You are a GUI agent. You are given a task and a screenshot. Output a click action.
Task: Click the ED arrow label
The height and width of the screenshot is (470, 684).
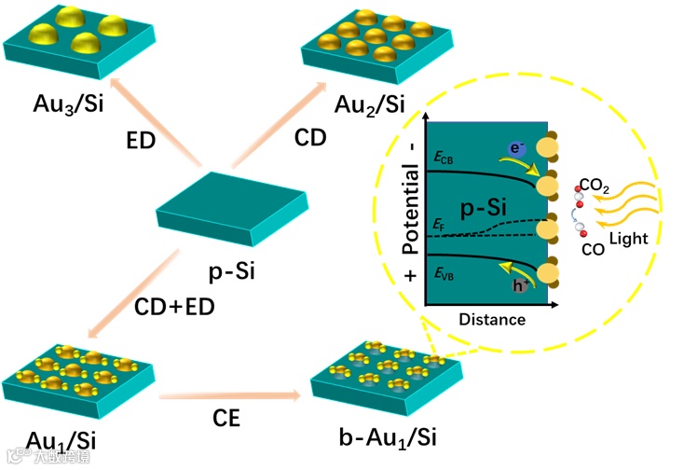[x=143, y=141]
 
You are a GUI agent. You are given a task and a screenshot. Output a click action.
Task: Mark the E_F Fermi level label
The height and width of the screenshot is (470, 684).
[x=439, y=225]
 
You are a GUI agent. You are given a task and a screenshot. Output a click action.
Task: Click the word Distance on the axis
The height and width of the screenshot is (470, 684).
[x=492, y=319]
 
